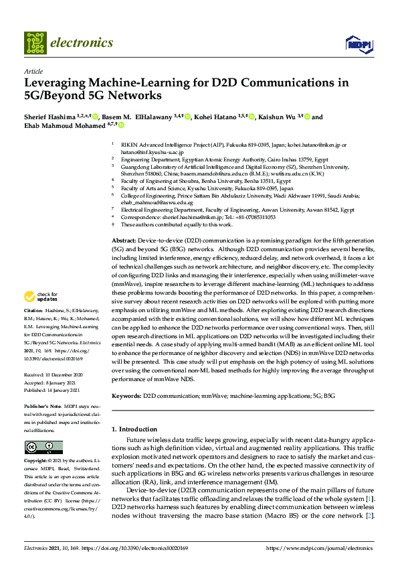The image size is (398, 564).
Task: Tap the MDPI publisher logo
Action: [x=356, y=44]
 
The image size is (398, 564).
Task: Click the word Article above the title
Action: [x=33, y=71]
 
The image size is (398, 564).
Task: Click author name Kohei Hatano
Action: [x=213, y=117]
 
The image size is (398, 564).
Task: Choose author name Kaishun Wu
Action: [x=278, y=117]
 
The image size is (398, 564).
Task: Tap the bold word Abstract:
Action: [x=123, y=240]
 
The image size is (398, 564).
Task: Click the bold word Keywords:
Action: [x=126, y=397]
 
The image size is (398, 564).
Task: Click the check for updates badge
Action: [x=41, y=297]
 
